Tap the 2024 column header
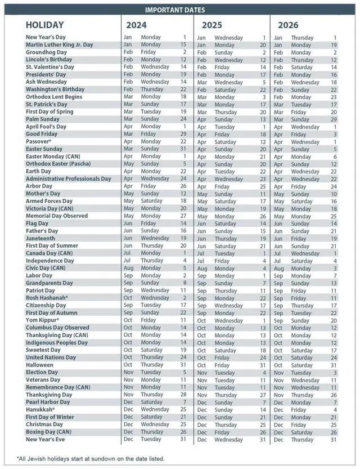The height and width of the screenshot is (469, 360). [x=137, y=25]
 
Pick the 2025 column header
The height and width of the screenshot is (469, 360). [x=211, y=25]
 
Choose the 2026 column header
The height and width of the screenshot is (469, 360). [x=287, y=25]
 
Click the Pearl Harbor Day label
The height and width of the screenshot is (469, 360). [x=48, y=402]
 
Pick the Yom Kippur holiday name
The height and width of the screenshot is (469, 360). [x=43, y=320]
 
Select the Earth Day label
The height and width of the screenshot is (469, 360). [x=38, y=171]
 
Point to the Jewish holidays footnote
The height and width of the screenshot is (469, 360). [x=90, y=459]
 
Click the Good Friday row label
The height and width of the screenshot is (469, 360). [x=42, y=134]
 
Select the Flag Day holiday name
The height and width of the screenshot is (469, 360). [x=38, y=224]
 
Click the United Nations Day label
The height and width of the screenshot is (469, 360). [x=51, y=358]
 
